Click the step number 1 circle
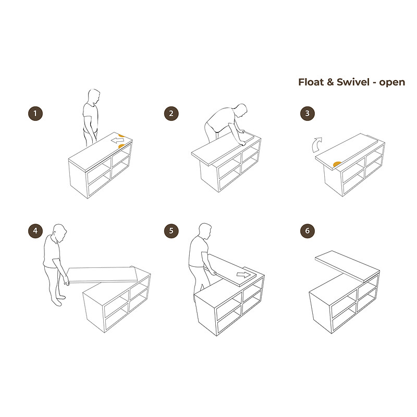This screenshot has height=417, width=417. [35, 114]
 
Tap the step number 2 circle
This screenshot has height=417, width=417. [171, 114]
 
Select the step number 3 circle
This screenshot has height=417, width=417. [308, 114]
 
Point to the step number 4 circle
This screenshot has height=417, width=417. [35, 231]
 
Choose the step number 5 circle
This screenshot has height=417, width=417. [171, 231]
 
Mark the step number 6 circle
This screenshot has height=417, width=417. [308, 231]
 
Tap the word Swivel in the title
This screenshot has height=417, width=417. [353, 82]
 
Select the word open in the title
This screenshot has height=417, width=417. [392, 83]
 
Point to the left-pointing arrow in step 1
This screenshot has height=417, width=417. [118, 140]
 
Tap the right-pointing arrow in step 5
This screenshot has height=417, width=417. [243, 275]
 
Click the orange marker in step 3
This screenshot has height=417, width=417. [337, 164]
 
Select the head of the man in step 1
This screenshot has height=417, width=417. [94, 96]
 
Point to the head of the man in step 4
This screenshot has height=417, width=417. [59, 232]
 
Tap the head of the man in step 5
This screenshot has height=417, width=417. [205, 231]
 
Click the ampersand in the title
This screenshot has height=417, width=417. [330, 82]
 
